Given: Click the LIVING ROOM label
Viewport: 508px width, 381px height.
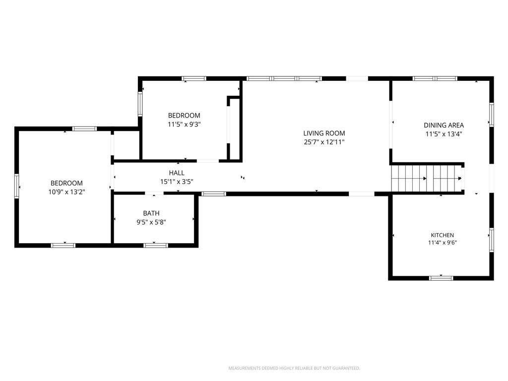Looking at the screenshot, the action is click(x=324, y=133).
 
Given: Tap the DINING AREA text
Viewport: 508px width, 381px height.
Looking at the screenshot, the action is click(x=444, y=125).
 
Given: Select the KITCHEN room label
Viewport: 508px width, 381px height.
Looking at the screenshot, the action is click(x=442, y=235).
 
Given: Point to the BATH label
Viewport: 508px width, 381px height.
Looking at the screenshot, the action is click(x=151, y=213).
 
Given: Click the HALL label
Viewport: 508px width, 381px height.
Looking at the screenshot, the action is click(x=177, y=173).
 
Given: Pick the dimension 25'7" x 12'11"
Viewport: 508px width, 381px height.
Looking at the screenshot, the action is click(x=324, y=142).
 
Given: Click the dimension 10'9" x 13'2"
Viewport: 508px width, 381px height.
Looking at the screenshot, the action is click(x=67, y=192).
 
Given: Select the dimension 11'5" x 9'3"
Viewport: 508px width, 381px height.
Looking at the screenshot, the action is click(x=184, y=124).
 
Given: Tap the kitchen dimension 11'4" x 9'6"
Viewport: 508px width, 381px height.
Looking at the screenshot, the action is click(x=442, y=243).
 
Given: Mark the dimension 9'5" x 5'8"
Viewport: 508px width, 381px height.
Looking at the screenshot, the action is click(x=151, y=222).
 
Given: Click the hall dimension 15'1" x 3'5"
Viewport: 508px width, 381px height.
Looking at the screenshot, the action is click(x=177, y=182).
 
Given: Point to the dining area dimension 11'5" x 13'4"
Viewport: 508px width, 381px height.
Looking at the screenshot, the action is click(x=444, y=134).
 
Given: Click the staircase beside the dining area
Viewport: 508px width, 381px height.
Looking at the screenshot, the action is click(x=428, y=179).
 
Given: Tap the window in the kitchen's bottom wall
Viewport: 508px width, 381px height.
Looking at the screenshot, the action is click(x=441, y=278).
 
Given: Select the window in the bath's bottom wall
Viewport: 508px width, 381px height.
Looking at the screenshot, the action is click(x=155, y=245).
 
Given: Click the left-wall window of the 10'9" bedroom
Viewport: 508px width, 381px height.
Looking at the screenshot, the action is click(x=16, y=186).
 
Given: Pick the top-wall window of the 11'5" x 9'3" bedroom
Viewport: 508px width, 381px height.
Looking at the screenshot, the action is click(x=194, y=78).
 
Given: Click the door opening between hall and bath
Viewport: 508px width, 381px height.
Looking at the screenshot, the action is click(x=154, y=193).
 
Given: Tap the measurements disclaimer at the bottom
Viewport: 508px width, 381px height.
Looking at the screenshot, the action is click(x=294, y=368).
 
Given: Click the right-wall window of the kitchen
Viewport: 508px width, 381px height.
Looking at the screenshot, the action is click(x=492, y=240).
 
